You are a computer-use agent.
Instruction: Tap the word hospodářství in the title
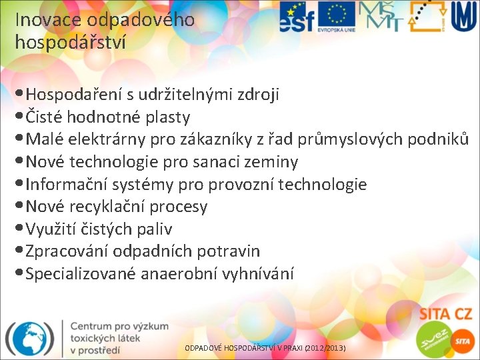[x=69, y=42]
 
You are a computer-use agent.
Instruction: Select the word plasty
[x=167, y=117]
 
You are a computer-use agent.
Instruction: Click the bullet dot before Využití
[x=19, y=229]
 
